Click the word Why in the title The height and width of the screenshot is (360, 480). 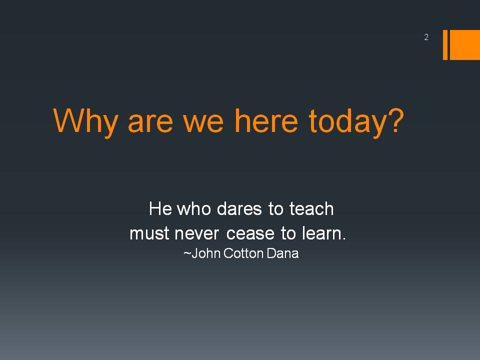[85, 121]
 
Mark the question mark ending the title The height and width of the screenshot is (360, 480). [396, 120]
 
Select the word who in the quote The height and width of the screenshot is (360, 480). [194, 209]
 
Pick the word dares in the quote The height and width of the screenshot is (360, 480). [239, 209]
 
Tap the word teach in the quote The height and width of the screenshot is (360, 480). [311, 209]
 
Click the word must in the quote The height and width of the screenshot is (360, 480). [149, 233]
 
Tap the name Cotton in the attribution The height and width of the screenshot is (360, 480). [243, 253]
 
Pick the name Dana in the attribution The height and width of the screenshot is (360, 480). [282, 253]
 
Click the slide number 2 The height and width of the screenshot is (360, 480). [426, 37]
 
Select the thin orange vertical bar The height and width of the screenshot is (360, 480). [445, 44]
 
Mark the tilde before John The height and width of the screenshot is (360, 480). [187, 253]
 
